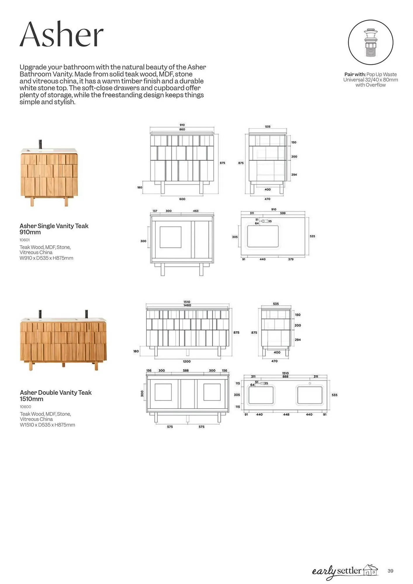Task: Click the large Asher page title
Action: [62, 35]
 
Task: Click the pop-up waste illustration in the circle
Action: [370, 43]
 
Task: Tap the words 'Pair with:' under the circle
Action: [355, 74]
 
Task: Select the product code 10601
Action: [25, 240]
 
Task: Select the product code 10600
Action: [25, 407]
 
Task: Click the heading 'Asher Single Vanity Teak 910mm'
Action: [54, 229]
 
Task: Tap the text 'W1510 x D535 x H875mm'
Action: [47, 425]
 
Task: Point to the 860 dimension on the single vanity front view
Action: [182, 129]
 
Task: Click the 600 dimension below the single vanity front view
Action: [182, 199]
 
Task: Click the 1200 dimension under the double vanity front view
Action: [187, 361]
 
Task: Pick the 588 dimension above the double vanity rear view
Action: [186, 371]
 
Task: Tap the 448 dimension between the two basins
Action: [286, 415]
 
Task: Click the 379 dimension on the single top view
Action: [291, 259]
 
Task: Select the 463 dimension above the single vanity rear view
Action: [196, 211]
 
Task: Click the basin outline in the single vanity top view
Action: [263, 236]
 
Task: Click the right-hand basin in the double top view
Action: [310, 395]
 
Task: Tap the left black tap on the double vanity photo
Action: [40, 314]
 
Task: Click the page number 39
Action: [390, 571]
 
